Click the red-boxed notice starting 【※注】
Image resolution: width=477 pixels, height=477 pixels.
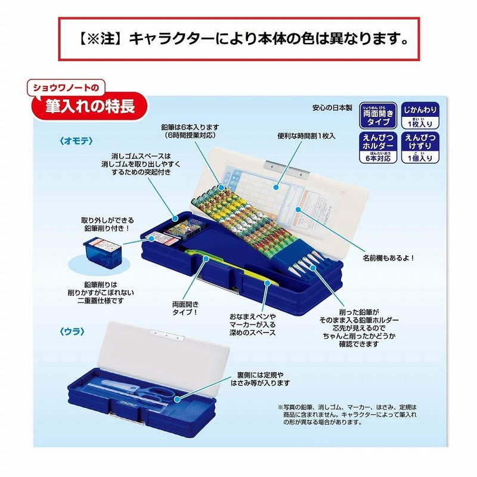(x=238, y=39)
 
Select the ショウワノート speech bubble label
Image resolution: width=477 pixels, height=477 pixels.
(x=67, y=88)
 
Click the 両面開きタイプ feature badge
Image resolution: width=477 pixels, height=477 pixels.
(x=377, y=114)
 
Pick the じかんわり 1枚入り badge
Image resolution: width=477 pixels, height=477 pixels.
(x=422, y=114)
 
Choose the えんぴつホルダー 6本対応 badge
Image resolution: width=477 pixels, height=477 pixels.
(x=377, y=148)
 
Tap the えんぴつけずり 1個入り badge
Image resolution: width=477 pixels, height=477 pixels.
(x=422, y=148)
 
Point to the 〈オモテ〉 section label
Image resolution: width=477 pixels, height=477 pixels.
(x=73, y=141)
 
